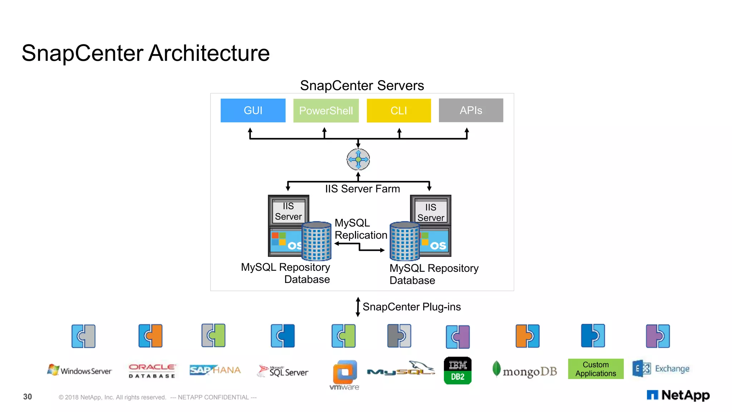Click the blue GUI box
[x=253, y=111]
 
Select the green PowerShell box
[x=326, y=111]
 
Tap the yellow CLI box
[x=399, y=111]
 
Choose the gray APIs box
[x=471, y=110]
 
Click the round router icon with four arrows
[x=358, y=160]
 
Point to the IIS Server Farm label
[x=362, y=189]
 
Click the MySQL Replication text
[x=361, y=229]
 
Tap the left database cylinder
[x=316, y=241]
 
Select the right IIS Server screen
[x=431, y=212]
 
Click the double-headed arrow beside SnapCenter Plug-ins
[x=358, y=307]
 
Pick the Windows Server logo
[x=79, y=370]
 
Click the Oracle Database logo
[x=152, y=371]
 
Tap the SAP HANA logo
[x=215, y=370]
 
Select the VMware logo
[x=345, y=375]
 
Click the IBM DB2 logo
[x=457, y=371]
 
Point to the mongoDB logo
[x=524, y=371]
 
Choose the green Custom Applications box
[x=595, y=369]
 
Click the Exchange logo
[x=661, y=369]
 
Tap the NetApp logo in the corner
[x=678, y=395]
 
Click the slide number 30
[x=28, y=397]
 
